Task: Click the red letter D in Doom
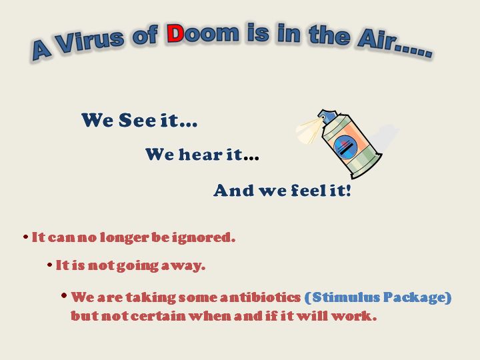tap(175, 33)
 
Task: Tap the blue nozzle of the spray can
tap(327, 116)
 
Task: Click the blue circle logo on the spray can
tap(345, 147)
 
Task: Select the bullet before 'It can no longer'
tap(26, 237)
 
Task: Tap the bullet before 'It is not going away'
tap(49, 265)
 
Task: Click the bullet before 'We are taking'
tap(64, 295)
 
